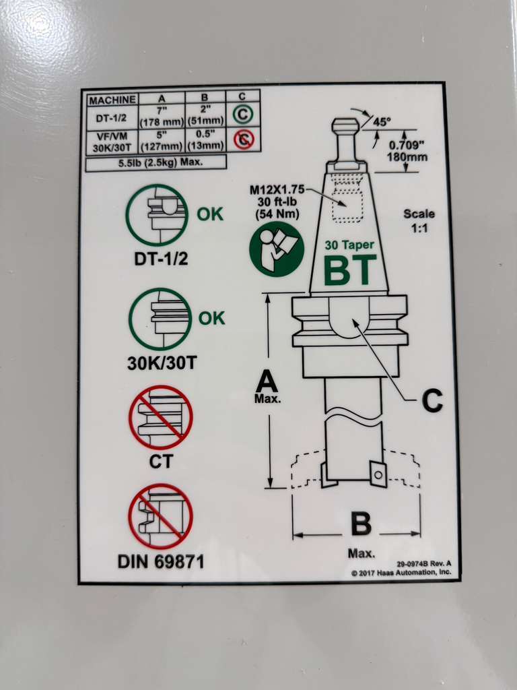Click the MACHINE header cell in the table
[112, 100]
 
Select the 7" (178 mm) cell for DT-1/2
[162, 116]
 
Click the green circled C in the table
[242, 115]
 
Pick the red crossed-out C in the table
[244, 140]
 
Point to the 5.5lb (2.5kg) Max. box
[156, 162]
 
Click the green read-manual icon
[277, 249]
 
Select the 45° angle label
[382, 122]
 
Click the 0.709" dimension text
[407, 145]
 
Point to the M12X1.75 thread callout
[277, 189]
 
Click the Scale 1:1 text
[419, 221]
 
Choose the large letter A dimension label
[267, 381]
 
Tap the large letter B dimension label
[361, 524]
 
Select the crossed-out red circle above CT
[161, 417]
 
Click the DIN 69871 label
[161, 561]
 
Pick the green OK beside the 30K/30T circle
[211, 318]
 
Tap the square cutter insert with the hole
[378, 474]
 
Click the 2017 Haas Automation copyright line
[401, 573]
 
